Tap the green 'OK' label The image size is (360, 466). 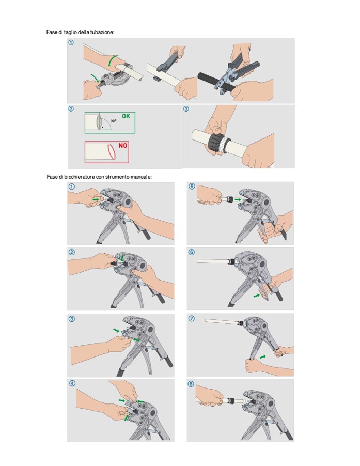tap(126, 116)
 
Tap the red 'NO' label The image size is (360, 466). tap(123, 145)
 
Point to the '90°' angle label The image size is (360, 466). tap(113, 121)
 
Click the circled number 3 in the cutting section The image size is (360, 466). tap(186, 109)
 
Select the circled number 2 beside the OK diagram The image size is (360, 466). tap(71, 109)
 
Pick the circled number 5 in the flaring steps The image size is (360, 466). tap(192, 187)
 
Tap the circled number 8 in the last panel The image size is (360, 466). tap(191, 384)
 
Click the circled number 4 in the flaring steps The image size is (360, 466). tap(72, 383)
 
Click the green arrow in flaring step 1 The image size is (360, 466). tap(96, 199)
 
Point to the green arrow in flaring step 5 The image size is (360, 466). tap(238, 199)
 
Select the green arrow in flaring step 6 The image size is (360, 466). tap(256, 296)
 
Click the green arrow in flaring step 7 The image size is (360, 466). tap(262, 356)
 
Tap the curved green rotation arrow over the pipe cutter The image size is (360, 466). tap(112, 60)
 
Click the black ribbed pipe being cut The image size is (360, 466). tap(216, 81)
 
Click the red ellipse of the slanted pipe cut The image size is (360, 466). tap(112, 152)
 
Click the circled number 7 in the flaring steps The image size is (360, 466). tap(192, 319)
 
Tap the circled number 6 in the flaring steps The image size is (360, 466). tap(192, 252)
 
